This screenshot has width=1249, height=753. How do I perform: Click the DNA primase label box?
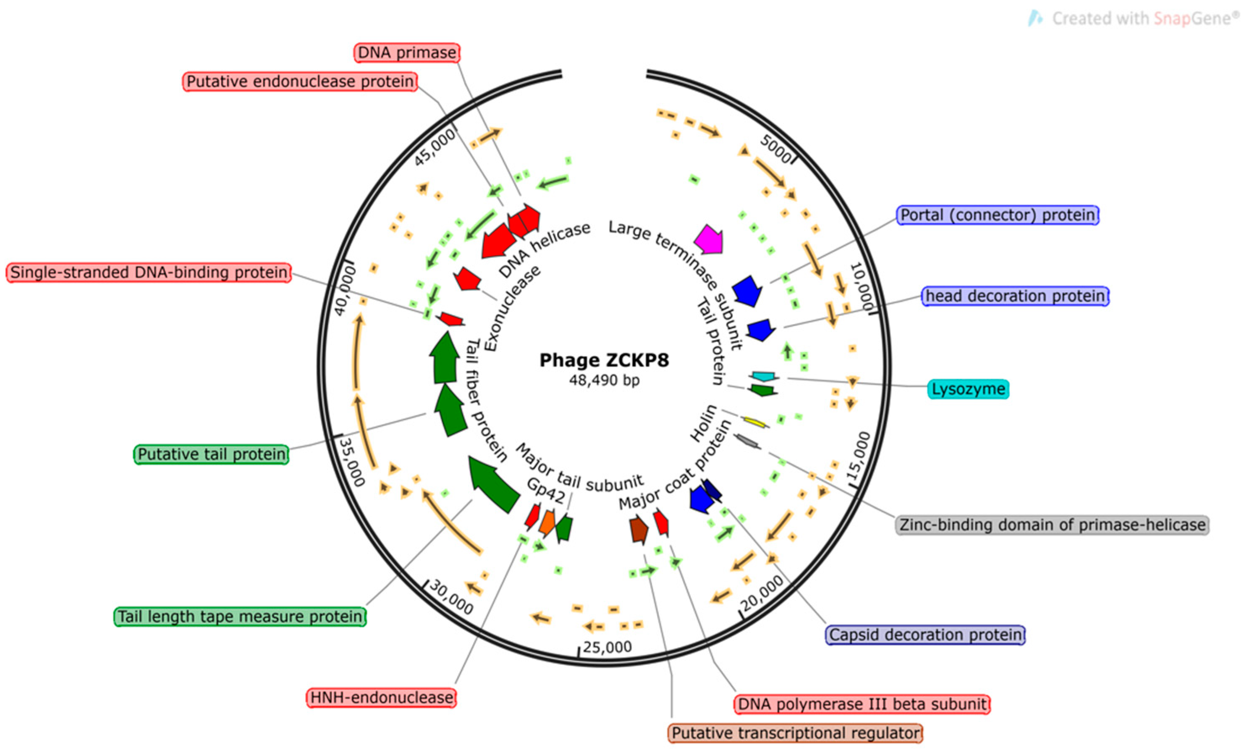point(406,53)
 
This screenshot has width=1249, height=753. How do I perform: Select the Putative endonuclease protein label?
point(300,81)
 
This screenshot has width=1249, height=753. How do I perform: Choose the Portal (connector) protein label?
point(998,215)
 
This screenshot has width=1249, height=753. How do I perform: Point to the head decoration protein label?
point(1015,296)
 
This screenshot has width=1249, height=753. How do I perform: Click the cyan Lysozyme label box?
point(968,389)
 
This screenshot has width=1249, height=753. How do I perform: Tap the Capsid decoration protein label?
point(925,635)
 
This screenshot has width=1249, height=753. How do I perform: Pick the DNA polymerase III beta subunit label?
point(862,704)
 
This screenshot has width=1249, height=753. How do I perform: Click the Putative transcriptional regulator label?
point(795,733)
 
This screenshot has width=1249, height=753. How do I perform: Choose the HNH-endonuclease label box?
point(381,698)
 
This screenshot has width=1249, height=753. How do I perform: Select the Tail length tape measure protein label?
point(240,617)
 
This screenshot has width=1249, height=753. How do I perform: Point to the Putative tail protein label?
point(211,454)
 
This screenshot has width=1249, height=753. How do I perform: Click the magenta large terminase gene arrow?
point(709,239)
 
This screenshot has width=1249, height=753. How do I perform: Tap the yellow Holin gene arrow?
point(755,422)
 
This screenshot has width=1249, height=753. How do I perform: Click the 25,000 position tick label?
point(607,648)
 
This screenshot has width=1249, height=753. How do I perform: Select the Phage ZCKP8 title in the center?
point(604,360)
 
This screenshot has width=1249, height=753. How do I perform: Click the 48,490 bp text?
point(604,380)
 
